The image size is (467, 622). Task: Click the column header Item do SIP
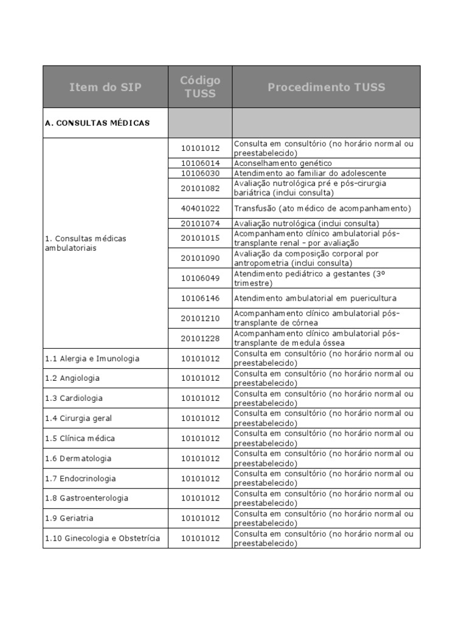pyautogui.click(x=105, y=87)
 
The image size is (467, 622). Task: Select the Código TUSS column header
pyautogui.click(x=200, y=87)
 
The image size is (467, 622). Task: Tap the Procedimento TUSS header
pyautogui.click(x=326, y=87)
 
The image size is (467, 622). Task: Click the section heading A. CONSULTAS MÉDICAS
pyautogui.click(x=97, y=123)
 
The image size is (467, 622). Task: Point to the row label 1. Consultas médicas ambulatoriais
pyautogui.click(x=86, y=244)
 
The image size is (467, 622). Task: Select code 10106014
pyautogui.click(x=200, y=163)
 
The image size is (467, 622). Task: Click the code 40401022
pyautogui.click(x=200, y=208)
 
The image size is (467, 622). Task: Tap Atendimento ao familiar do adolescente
pyautogui.click(x=310, y=173)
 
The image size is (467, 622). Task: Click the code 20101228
pyautogui.click(x=200, y=338)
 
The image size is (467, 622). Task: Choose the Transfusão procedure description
pyautogui.click(x=322, y=208)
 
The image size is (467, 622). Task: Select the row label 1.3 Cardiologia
pyautogui.click(x=74, y=398)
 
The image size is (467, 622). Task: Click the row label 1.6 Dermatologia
pyautogui.click(x=78, y=459)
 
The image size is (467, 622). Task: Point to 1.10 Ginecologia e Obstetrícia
pyautogui.click(x=102, y=538)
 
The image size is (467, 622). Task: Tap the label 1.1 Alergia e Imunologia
pyautogui.click(x=92, y=358)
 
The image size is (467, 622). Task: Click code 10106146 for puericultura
pyautogui.click(x=200, y=298)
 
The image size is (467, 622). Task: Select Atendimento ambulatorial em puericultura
pyautogui.click(x=315, y=298)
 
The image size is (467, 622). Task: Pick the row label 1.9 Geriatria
pyautogui.click(x=69, y=518)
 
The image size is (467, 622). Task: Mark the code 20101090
pyautogui.click(x=200, y=258)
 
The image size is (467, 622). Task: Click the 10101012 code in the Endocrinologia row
pyautogui.click(x=200, y=479)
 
